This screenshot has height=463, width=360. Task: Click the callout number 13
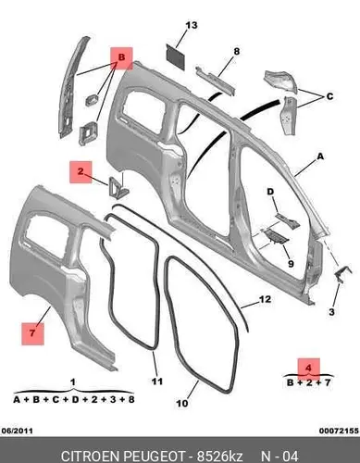pos(192,25)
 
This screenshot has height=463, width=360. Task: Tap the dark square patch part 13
pos(176,56)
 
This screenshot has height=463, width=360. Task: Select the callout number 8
pos(237,51)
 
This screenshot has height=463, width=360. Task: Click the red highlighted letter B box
pos(121,58)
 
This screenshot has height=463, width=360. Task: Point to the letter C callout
pos(329,96)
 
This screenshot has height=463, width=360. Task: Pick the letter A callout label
pos(320,156)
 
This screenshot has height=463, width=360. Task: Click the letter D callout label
pos(270,192)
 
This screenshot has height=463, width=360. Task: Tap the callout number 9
pos(291,264)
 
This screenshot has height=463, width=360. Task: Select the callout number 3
pos(331,312)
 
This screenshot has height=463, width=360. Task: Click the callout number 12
pos(265,299)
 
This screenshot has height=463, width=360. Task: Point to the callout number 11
pos(156,382)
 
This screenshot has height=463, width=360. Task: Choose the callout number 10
pos(182,403)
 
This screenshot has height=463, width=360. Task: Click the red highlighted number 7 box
pos(32,333)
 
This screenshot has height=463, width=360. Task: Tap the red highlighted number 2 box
pos(81,172)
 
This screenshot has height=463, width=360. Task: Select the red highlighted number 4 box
pos(308,368)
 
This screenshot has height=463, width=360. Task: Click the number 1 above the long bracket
pos(73,382)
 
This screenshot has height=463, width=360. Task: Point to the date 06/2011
pos(18,431)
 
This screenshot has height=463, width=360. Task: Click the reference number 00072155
pos(339,431)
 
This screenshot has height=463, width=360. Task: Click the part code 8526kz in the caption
pos(220,457)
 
